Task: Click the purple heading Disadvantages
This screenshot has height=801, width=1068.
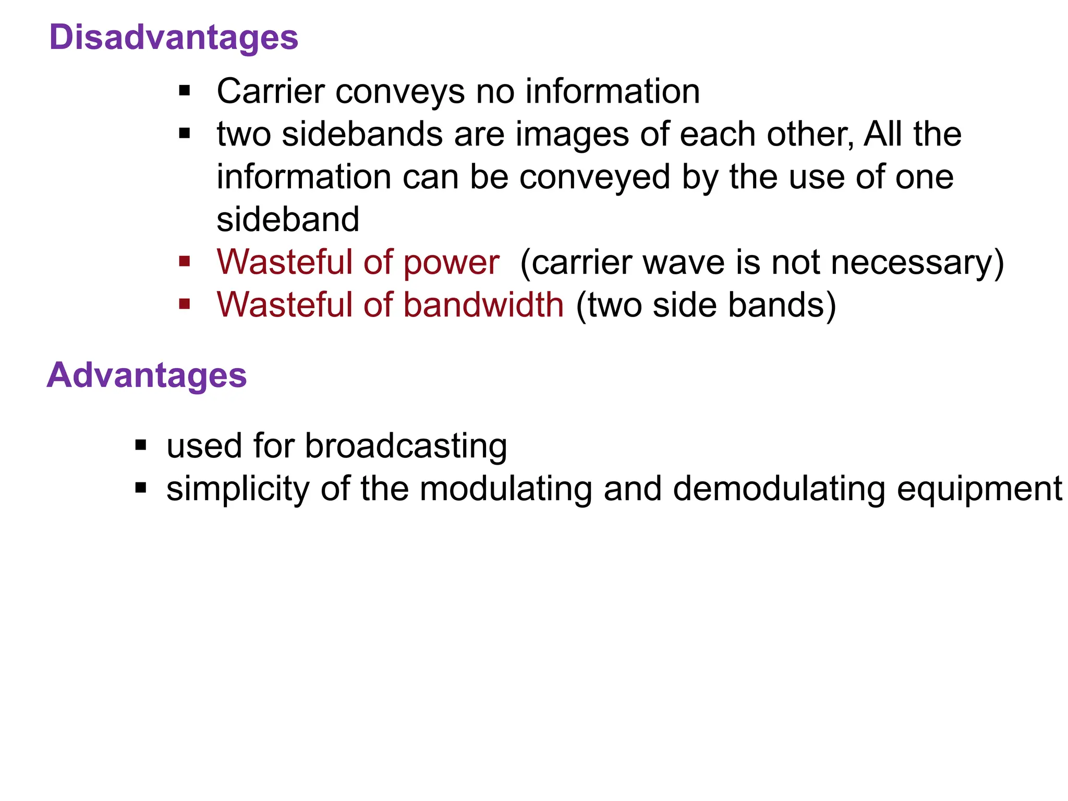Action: coord(174,38)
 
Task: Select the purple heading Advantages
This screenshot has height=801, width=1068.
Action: coord(147,375)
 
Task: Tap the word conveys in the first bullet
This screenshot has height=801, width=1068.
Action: coord(399,92)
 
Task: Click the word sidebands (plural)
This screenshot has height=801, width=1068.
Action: coord(363,135)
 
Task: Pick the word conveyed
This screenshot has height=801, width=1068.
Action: coord(594,177)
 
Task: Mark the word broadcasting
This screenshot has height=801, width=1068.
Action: coord(406,446)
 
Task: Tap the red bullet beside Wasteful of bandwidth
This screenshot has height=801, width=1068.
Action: coord(185,304)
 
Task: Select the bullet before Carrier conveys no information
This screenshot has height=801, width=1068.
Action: coord(185,91)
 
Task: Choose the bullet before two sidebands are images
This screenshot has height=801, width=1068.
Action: coord(185,133)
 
